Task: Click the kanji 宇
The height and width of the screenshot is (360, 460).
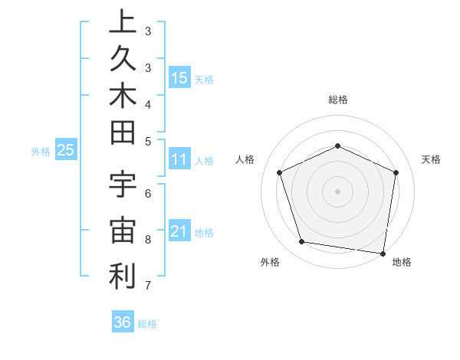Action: point(122,188)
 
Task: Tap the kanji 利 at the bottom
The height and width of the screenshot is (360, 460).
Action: point(122,277)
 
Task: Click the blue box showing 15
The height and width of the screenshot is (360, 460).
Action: point(179,77)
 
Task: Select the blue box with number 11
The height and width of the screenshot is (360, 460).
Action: point(179,160)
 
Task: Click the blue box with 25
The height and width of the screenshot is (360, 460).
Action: point(66,151)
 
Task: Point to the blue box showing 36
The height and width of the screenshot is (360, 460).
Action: point(123,322)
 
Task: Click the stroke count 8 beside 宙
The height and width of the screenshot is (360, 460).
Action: point(148,240)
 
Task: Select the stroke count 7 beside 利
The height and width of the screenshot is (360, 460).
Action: point(148,286)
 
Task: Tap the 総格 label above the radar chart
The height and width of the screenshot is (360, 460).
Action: point(338,100)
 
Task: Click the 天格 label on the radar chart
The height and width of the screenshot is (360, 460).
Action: point(431,159)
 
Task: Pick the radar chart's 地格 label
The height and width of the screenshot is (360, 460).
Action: point(402,262)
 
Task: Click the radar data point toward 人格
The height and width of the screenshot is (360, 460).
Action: point(280,173)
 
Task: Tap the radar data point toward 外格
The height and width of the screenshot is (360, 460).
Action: point(302,242)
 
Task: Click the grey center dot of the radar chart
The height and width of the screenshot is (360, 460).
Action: point(338,191)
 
